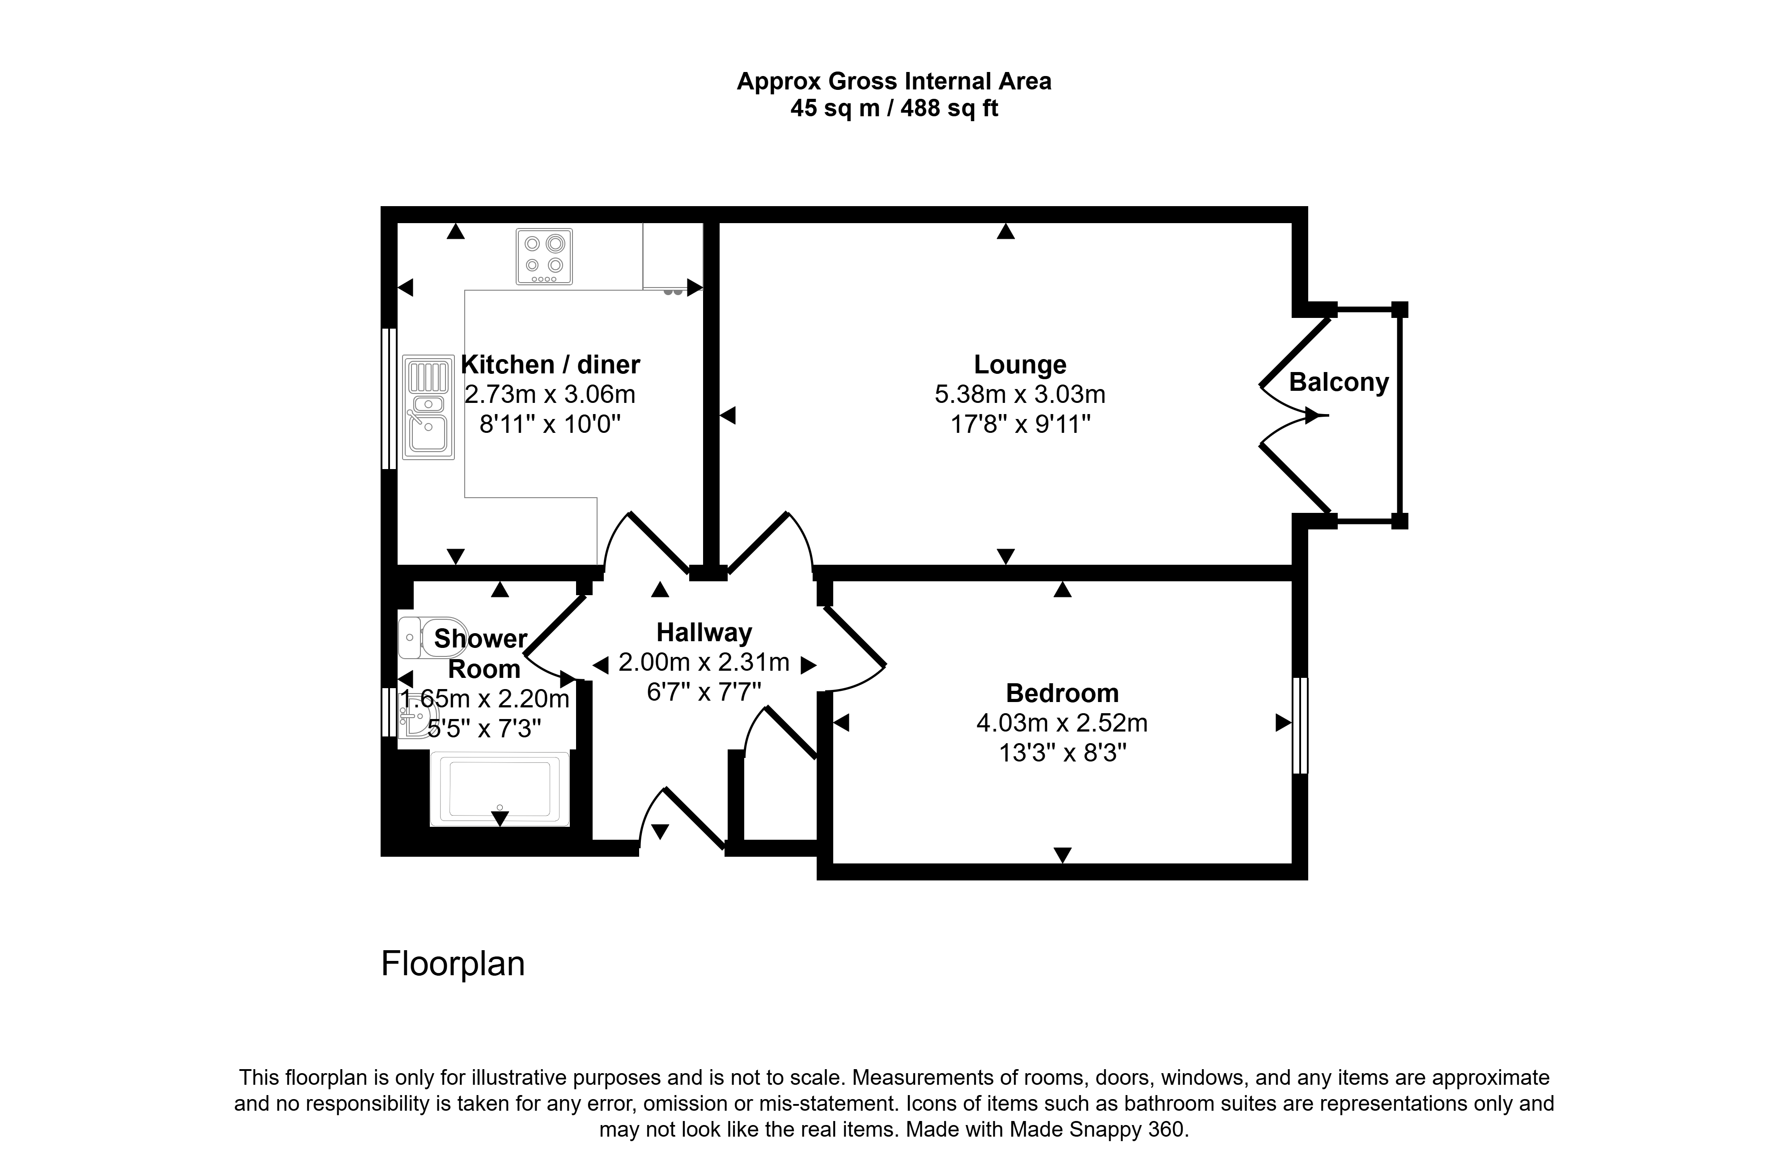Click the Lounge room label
coord(1020,364)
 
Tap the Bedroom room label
coord(1062,692)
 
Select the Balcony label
coord(1339,382)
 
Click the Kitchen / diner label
coord(550,364)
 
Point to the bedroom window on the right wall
coord(1300,725)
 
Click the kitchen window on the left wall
coord(389,398)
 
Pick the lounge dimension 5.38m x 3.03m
coord(1020,394)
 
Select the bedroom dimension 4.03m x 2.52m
coord(1062,723)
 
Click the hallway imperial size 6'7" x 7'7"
coord(704,691)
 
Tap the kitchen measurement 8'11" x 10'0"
coord(550,424)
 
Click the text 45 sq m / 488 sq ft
coord(894,108)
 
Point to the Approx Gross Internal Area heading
coord(894,81)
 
